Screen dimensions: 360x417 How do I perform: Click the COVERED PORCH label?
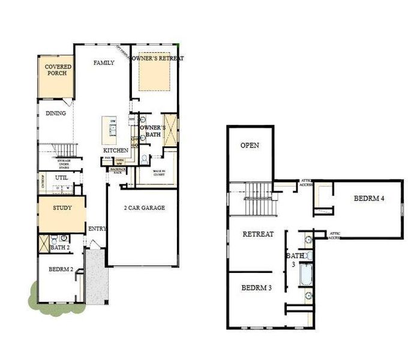coord(55,70)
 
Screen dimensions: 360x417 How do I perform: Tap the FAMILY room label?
coord(104,63)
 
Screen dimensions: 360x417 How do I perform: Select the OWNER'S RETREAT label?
coord(157,58)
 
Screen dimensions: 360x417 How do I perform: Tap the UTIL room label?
coord(61,178)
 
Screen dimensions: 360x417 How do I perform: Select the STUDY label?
coord(62,208)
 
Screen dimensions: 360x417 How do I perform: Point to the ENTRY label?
coord(97,229)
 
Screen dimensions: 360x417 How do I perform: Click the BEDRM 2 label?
coord(61,269)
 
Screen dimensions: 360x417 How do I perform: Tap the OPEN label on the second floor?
coord(250,145)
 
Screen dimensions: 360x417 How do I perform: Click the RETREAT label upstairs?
coord(257,234)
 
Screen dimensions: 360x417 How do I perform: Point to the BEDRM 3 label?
coord(256,287)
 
